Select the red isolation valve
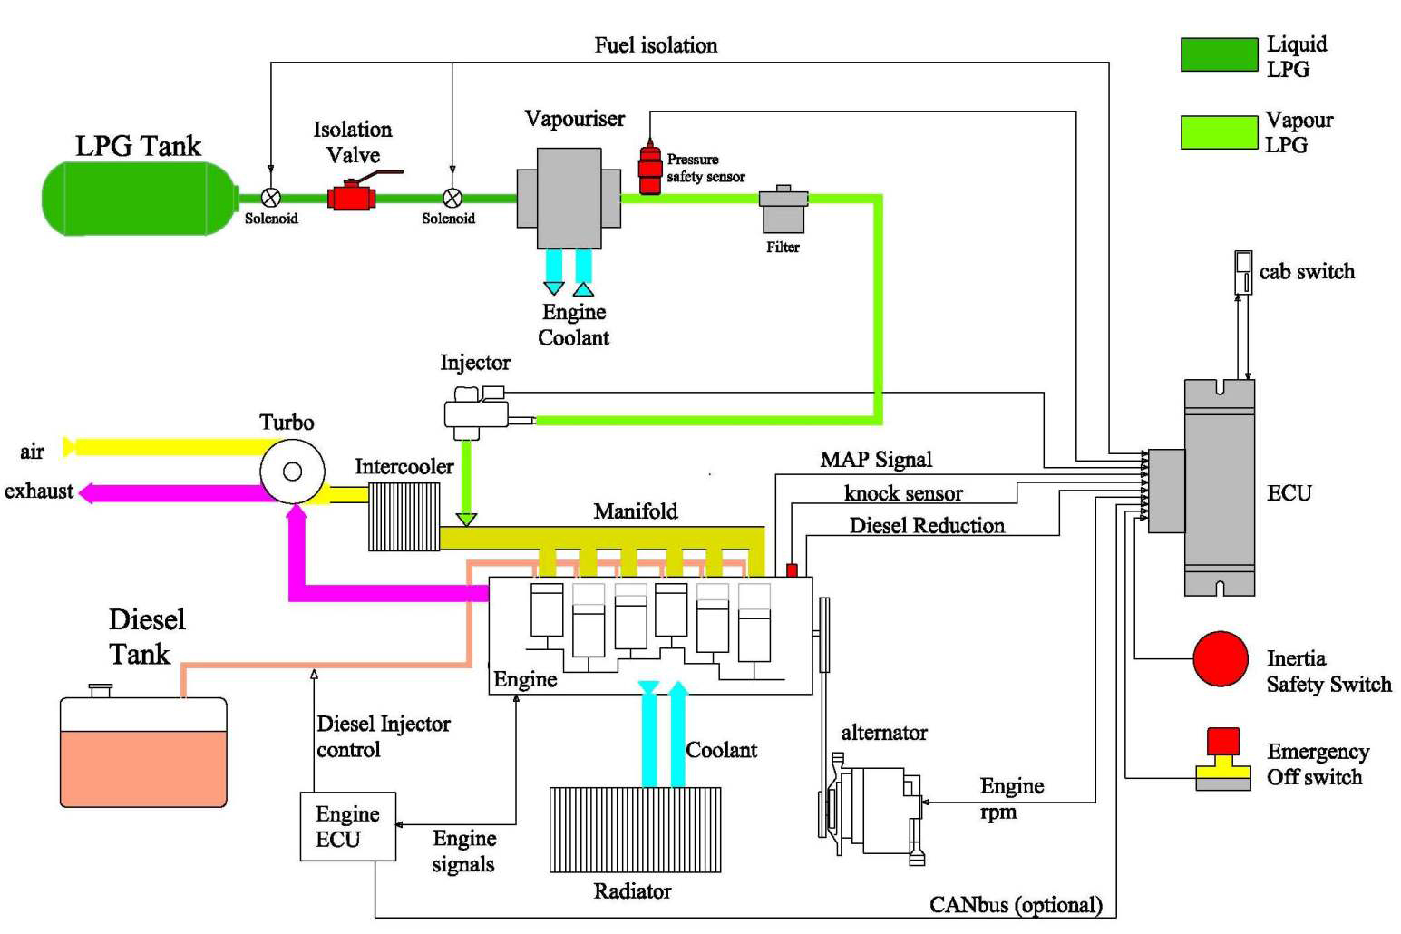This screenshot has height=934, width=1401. point(351,197)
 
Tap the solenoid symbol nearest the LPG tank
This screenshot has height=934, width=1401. point(270,198)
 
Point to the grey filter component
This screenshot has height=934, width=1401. point(783,210)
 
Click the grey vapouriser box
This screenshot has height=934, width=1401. point(569,198)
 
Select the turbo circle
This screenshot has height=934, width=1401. point(292,472)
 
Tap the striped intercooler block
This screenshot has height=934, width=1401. point(404,516)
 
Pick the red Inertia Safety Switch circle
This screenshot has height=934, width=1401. point(1220,659)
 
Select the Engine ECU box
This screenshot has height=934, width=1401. point(347,826)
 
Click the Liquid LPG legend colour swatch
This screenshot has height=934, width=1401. point(1219,54)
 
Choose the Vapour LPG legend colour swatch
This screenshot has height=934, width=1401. point(1219,131)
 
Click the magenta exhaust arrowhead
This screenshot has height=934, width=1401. point(87,493)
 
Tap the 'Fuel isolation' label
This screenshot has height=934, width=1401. point(656,45)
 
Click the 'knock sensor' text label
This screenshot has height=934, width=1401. point(903,493)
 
